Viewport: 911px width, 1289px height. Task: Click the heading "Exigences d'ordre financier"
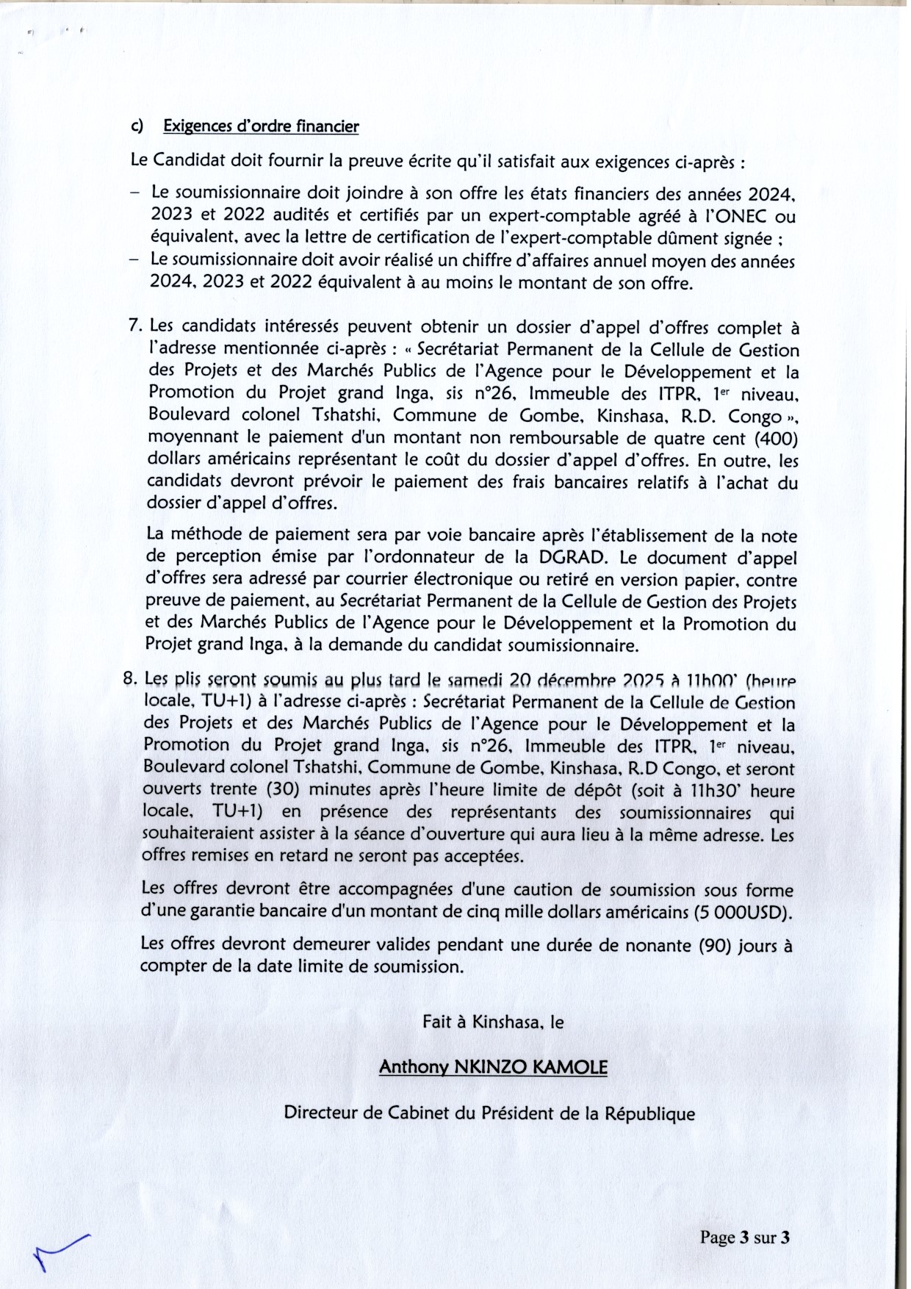pyautogui.click(x=261, y=126)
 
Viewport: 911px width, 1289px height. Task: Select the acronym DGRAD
pyautogui.click(x=572, y=557)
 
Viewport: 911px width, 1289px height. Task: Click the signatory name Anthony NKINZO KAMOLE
pyautogui.click(x=493, y=1067)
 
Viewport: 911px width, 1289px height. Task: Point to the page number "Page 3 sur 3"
pyautogui.click(x=744, y=1238)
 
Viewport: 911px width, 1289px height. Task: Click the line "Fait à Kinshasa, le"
pyautogui.click(x=492, y=1021)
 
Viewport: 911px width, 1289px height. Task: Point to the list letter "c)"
pyautogui.click(x=137, y=126)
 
